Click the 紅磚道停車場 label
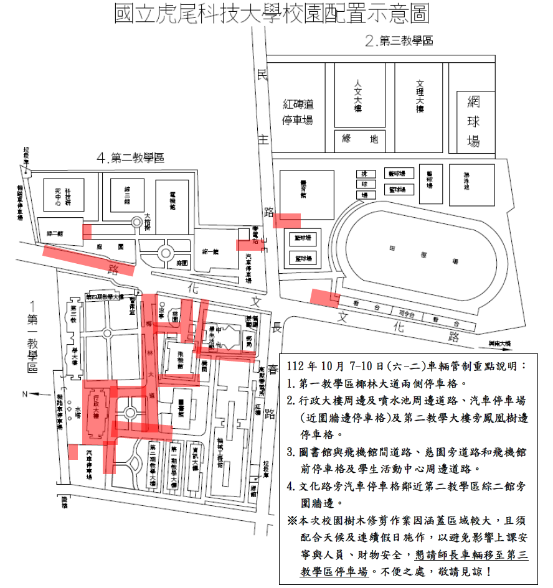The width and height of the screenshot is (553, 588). pos(298,112)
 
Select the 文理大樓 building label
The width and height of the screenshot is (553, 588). pos(419,96)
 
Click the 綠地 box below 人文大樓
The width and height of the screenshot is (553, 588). pos(360,139)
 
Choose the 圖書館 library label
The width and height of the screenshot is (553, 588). pos(181,407)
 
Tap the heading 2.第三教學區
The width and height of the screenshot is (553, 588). pos(399,42)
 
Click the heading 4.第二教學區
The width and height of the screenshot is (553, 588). pos(130,158)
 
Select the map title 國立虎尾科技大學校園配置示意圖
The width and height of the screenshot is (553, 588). pos(272,14)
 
